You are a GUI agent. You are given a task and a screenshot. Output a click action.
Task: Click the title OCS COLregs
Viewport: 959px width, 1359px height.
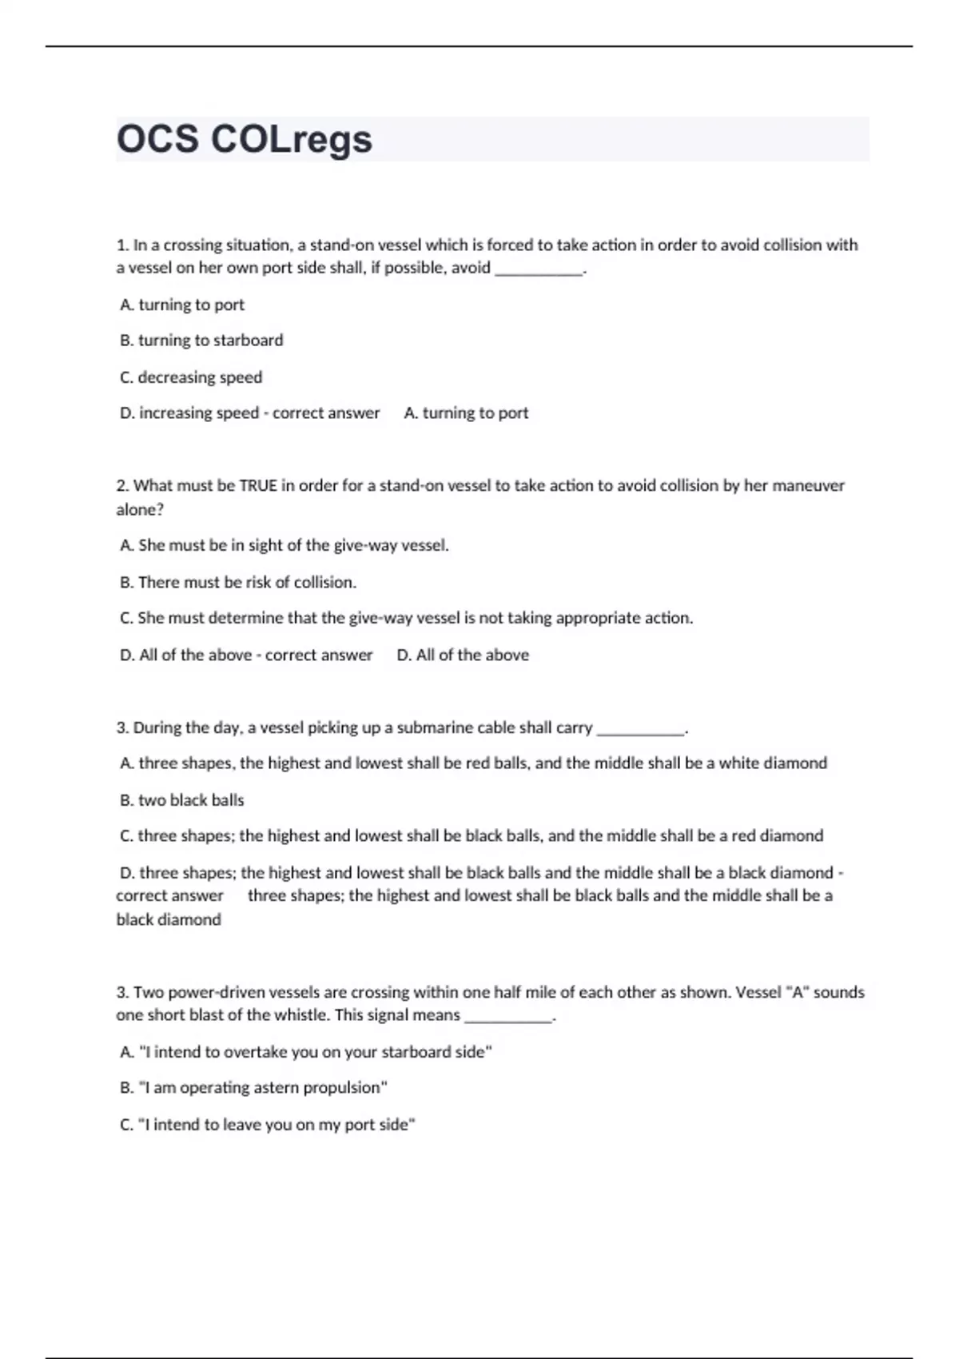point(245,139)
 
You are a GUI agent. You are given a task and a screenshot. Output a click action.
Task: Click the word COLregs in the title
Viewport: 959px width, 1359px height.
point(292,139)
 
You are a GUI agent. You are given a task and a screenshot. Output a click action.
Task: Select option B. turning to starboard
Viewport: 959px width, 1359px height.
point(201,341)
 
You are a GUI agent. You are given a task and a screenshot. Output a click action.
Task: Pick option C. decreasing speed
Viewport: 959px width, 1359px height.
point(191,377)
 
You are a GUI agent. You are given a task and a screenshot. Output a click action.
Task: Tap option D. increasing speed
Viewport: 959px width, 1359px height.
point(189,413)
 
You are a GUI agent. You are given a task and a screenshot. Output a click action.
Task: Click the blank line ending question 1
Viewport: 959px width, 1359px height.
point(539,270)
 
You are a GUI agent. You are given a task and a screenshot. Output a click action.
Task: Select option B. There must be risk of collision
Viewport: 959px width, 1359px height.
point(238,582)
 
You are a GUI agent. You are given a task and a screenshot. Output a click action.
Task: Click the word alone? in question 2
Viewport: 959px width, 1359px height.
point(140,509)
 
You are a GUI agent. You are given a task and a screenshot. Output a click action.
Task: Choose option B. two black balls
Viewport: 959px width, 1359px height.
point(182,800)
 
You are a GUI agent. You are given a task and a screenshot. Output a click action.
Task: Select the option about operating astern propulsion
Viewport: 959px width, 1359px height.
point(254,1088)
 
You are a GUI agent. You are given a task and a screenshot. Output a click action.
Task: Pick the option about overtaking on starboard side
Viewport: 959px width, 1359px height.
point(306,1052)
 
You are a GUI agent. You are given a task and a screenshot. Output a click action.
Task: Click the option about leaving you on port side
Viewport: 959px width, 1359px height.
point(268,1125)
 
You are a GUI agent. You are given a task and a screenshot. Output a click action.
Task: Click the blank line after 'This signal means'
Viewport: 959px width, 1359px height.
point(508,1018)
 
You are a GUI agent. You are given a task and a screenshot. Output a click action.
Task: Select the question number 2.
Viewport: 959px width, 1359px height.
point(122,485)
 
